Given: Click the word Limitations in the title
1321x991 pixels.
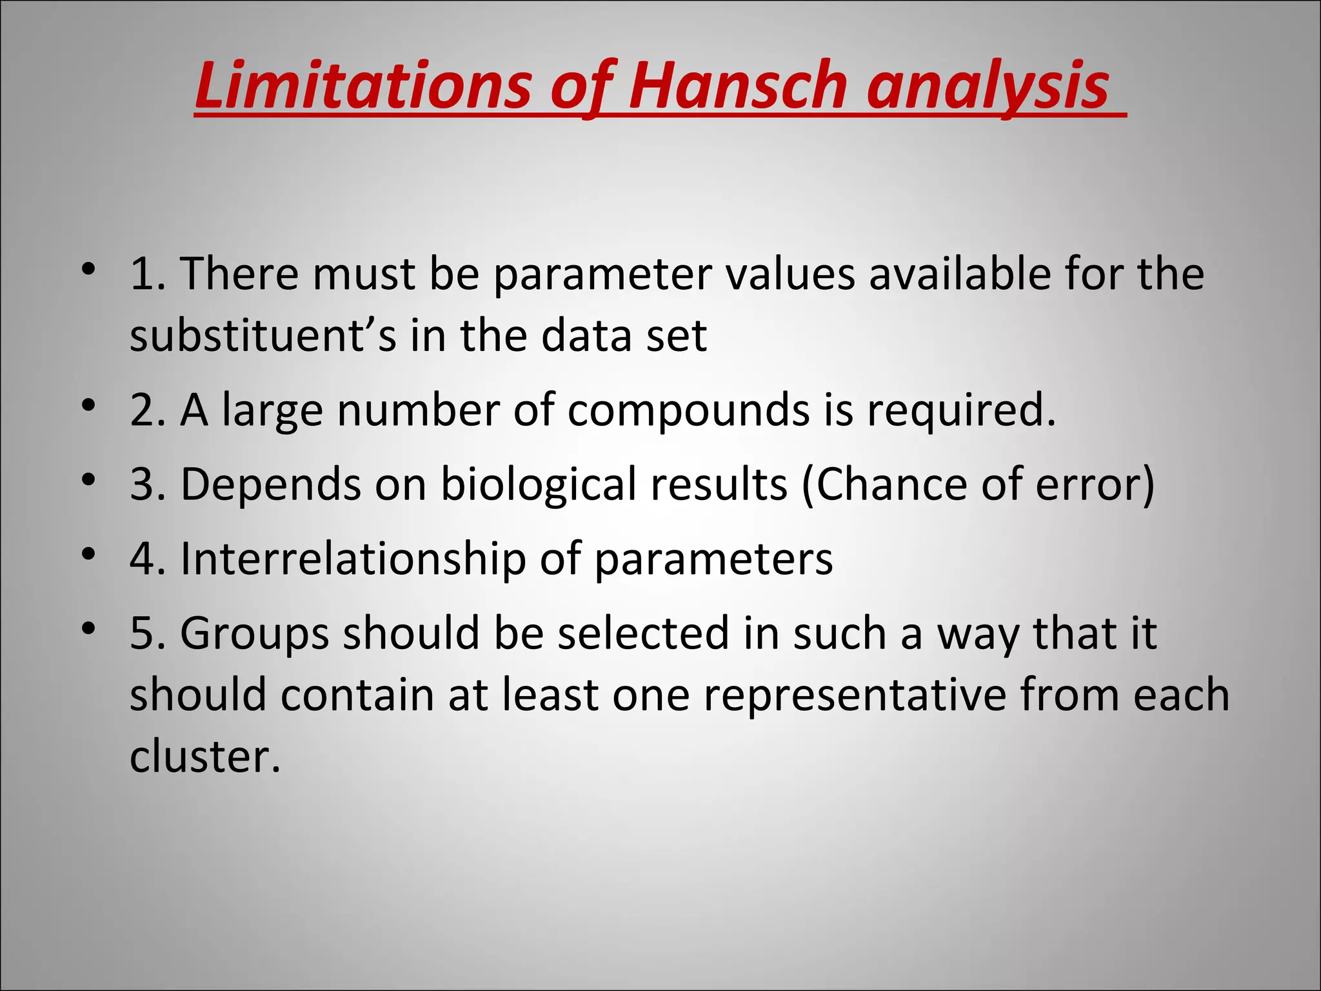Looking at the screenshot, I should click(x=363, y=86).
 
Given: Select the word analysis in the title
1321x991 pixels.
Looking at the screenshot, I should click(x=988, y=86).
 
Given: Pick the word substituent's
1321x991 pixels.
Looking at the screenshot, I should click(x=263, y=335).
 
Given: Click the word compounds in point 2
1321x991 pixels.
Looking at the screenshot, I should click(x=688, y=411).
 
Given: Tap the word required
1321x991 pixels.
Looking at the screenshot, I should click(x=961, y=411).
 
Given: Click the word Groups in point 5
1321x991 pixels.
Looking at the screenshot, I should click(x=254, y=633).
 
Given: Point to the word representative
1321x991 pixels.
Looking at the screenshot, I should click(x=855, y=695).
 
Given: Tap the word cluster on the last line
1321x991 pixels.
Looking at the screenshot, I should click(x=205, y=756).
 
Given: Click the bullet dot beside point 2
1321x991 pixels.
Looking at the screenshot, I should click(x=89, y=406).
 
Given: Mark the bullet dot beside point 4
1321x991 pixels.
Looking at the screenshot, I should click(x=89, y=554).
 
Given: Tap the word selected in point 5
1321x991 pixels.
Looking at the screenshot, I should click(x=643, y=633).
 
